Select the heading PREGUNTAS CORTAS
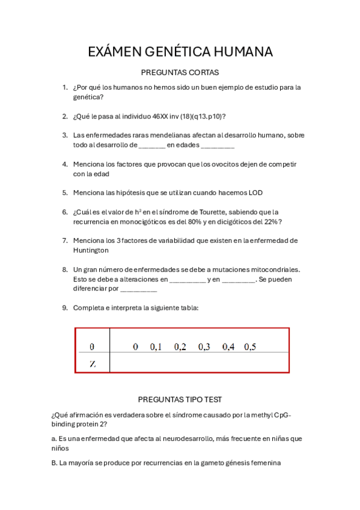coord(180,72)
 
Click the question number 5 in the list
coord(65,192)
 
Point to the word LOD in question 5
coord(255,192)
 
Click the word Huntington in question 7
coord(91,250)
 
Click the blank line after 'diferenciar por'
coord(139,289)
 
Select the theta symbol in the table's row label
coord(92,346)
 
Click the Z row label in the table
coord(92,364)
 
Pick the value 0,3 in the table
coord(204,346)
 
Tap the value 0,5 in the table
coord(250,346)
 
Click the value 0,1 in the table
coord(156,346)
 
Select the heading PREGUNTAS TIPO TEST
coord(180,399)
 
